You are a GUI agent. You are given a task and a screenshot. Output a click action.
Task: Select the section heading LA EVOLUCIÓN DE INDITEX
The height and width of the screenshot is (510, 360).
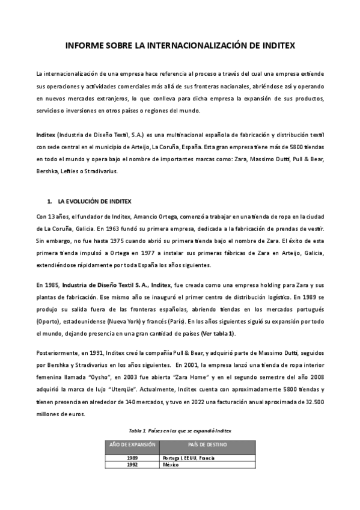click(x=94, y=201)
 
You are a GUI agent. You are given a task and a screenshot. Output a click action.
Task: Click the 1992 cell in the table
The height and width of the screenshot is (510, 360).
click(x=132, y=465)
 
